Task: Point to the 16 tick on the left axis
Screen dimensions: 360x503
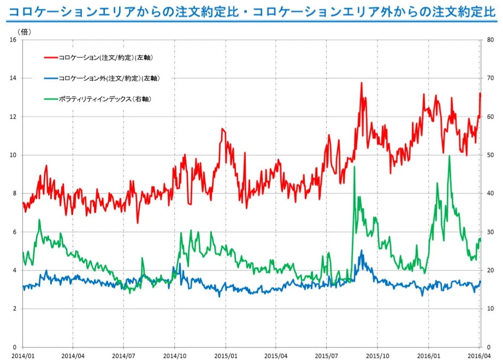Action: (14, 40)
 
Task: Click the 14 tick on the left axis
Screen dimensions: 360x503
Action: (14, 78)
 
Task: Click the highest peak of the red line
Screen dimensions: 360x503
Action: (362, 83)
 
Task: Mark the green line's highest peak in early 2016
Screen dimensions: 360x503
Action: (449, 156)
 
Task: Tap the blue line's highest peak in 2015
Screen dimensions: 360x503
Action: (361, 251)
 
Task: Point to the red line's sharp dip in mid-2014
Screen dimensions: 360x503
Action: (138, 222)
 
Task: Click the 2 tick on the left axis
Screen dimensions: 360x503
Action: (16, 309)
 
